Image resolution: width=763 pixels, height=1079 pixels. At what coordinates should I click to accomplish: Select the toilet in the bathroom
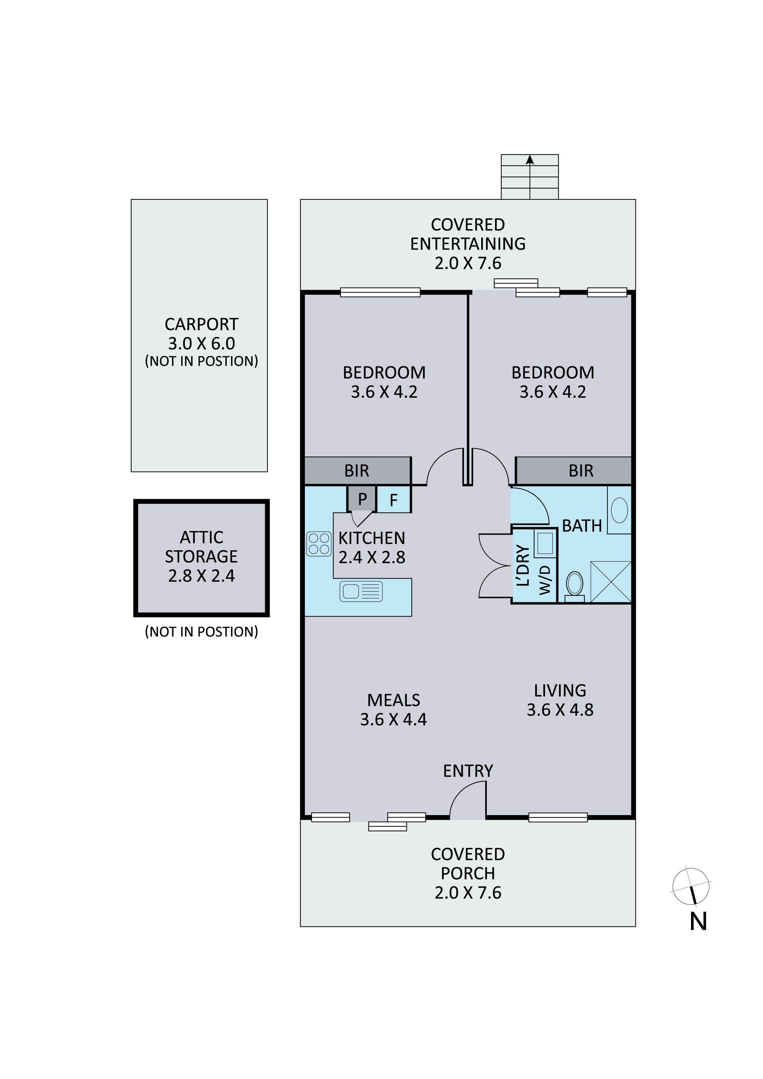point(574,587)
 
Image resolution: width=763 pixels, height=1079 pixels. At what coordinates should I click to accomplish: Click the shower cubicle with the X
point(611,582)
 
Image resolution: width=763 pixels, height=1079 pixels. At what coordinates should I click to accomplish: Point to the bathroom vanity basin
point(619,510)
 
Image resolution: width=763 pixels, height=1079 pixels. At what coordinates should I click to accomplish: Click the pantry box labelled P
point(362,499)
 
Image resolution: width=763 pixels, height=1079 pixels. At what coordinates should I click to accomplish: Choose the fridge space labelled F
point(394,500)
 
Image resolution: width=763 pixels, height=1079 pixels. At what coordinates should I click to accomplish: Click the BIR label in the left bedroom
point(357,471)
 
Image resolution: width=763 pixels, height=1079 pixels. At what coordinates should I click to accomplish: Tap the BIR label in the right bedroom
point(581,471)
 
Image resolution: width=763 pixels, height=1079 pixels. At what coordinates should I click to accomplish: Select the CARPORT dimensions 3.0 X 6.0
point(202,344)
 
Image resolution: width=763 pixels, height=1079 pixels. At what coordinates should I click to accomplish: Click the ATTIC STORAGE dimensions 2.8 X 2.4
point(202,576)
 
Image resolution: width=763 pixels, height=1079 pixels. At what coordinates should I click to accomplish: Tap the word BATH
point(582,526)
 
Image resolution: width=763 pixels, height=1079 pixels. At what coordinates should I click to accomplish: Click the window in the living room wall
point(558,818)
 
